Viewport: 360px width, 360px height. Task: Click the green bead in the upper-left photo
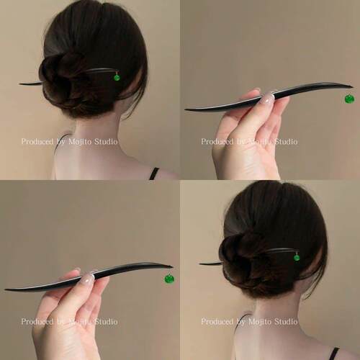point(117,78)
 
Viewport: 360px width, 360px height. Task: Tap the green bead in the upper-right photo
point(350,99)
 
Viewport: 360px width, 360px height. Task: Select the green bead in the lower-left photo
point(170,279)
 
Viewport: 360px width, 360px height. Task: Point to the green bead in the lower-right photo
point(297,258)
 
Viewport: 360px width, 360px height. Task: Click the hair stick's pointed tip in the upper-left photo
point(19,84)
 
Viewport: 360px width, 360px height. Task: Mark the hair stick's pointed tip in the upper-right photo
point(185,110)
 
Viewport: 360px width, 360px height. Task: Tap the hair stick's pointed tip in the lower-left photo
point(5,290)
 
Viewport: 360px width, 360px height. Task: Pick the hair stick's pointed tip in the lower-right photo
point(199,264)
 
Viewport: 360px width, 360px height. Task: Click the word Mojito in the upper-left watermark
point(80,142)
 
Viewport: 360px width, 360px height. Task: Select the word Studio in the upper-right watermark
point(286,142)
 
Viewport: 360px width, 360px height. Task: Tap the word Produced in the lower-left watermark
point(37,322)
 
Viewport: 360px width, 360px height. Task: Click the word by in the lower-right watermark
point(241,322)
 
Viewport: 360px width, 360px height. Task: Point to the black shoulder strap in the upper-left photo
point(154,174)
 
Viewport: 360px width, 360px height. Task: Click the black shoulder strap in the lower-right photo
point(335,354)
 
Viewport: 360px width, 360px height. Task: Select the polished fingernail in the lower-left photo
point(87,278)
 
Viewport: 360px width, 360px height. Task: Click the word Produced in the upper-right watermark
point(217,142)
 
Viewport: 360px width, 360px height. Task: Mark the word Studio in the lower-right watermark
point(286,322)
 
